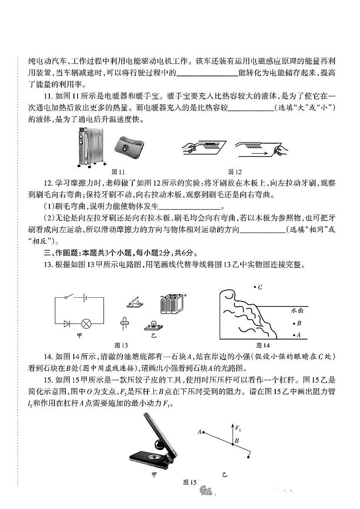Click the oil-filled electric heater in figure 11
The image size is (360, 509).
click(x=89, y=146)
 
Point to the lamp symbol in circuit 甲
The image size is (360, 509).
click(x=86, y=324)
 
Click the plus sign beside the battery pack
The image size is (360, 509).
click(x=185, y=295)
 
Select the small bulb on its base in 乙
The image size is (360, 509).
click(x=153, y=325)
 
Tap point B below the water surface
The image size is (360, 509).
click(x=294, y=323)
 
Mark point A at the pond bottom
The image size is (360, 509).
click(x=294, y=335)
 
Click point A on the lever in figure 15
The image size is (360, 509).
click(x=204, y=432)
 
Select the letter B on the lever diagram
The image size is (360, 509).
click(x=236, y=439)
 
